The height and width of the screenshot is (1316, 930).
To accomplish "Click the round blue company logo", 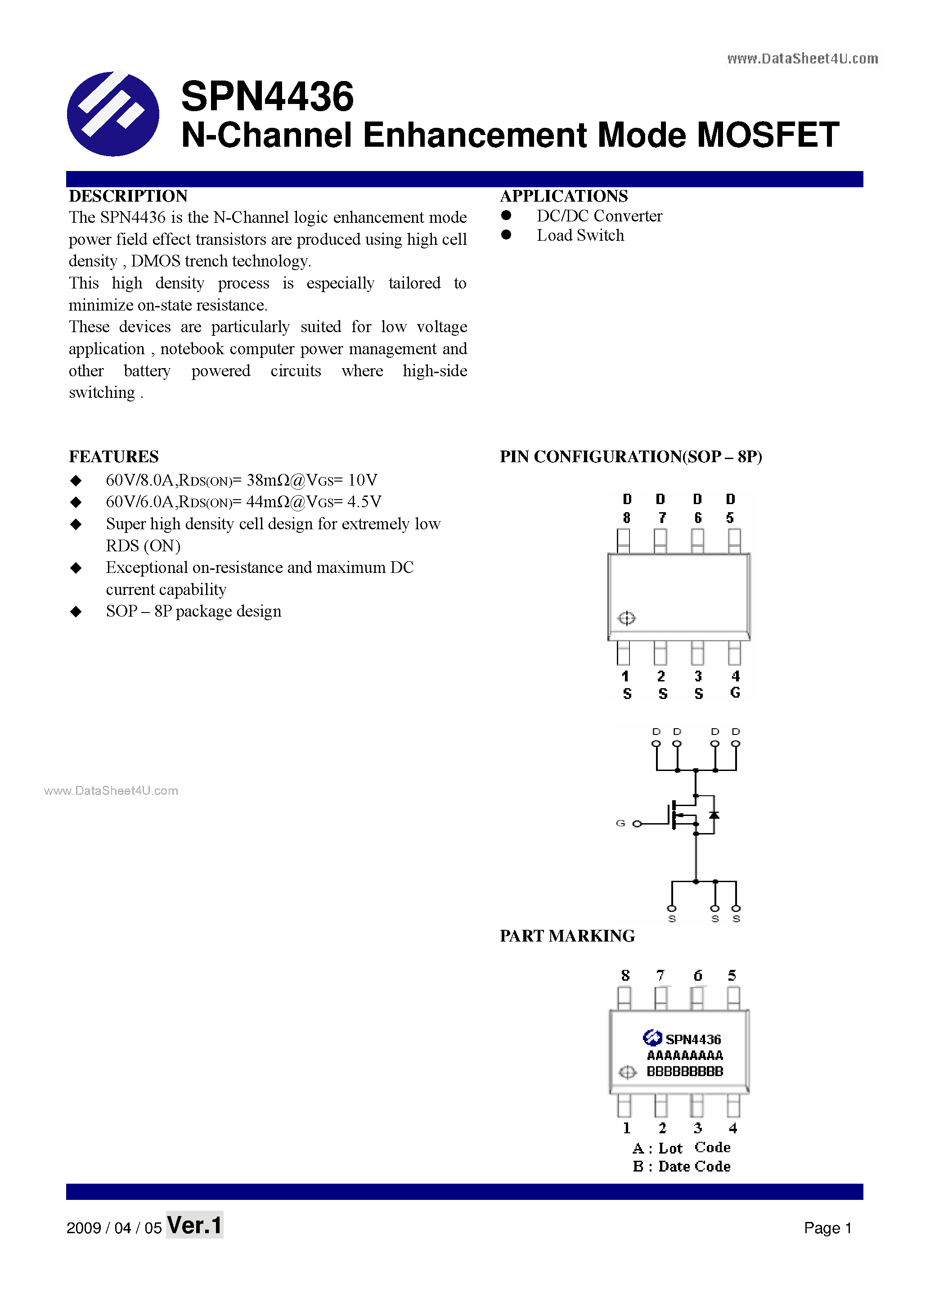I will (x=113, y=113).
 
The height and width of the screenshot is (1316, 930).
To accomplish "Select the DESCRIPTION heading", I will (x=128, y=196).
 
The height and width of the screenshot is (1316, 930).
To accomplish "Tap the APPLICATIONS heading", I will (x=564, y=196).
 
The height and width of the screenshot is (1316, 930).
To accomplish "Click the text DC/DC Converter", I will (x=599, y=216).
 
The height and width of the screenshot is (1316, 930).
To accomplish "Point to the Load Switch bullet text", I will (x=580, y=235).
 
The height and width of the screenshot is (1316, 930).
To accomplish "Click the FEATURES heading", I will (x=113, y=457).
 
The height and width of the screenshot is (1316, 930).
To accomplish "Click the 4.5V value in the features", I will (x=364, y=502).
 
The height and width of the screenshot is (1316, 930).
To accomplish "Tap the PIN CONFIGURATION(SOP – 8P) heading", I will (x=631, y=457).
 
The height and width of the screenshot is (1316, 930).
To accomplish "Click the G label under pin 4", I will (x=735, y=693).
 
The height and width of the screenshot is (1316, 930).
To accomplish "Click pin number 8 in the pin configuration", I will (x=627, y=518).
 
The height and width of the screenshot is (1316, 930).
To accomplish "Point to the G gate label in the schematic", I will (x=620, y=823).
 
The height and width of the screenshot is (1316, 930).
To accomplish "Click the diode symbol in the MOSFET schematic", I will (x=714, y=815).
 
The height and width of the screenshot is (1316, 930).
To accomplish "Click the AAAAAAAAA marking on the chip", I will (x=685, y=1055).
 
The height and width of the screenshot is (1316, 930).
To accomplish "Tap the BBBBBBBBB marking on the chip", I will (x=685, y=1071).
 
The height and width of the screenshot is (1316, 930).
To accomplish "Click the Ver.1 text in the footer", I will (x=194, y=1226).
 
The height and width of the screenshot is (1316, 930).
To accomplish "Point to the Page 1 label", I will (x=827, y=1228).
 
